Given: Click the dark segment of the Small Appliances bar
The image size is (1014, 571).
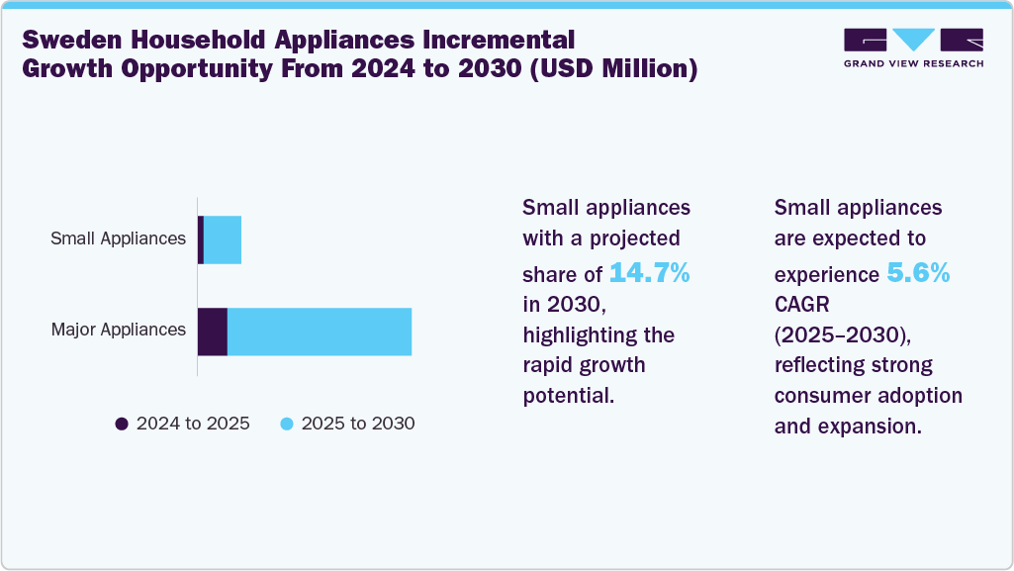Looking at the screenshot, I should tap(201, 239).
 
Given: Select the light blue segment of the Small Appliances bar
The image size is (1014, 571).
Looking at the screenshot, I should tap(223, 239).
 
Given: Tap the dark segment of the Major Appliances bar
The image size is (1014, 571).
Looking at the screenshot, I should tap(213, 332).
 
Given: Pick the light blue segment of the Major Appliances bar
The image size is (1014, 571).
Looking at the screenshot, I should tap(320, 332).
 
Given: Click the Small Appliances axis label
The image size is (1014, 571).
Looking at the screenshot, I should tap(119, 238).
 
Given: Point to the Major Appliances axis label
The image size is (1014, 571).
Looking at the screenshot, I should tap(119, 330).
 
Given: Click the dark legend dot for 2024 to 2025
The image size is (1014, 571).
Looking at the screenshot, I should tap(122, 424).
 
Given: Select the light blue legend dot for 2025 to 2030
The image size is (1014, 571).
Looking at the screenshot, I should tap(287, 424).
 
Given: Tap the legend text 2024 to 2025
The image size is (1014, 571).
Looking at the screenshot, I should tap(193, 424).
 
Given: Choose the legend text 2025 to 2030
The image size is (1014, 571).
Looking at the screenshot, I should tap(358, 424).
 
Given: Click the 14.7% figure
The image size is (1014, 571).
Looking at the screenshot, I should tap(649, 272).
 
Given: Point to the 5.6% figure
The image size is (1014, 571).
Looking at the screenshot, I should tap(918, 272).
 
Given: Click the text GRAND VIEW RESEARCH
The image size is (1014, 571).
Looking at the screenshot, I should tap(913, 64).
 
